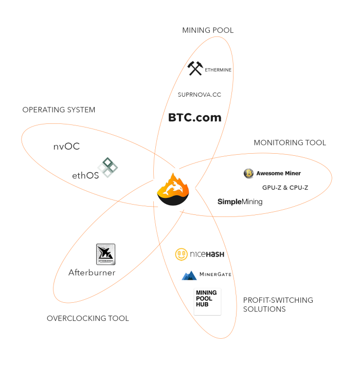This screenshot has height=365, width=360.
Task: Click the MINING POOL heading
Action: [208, 30]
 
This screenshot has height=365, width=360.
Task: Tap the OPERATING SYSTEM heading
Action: [59, 110]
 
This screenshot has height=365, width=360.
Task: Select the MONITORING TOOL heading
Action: [290, 143]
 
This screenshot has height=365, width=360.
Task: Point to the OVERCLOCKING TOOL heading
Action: [88, 318]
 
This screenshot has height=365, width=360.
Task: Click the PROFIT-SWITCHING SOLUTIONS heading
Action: [278, 305]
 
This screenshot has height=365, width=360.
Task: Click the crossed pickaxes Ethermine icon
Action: [195, 68]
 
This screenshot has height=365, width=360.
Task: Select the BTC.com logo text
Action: [195, 118]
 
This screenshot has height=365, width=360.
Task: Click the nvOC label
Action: [66, 147]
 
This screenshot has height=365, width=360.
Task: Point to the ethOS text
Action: [85, 176]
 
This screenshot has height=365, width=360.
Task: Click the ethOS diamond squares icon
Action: [108, 168]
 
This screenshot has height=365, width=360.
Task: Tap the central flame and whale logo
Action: [173, 189]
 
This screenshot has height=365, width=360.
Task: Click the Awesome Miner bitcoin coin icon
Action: [248, 174]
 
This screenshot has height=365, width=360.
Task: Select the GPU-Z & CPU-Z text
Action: [285, 188]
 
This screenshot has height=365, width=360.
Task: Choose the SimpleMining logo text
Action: [240, 202]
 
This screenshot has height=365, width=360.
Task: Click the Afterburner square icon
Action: [105, 254]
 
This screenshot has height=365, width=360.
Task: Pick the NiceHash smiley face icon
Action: [181, 254]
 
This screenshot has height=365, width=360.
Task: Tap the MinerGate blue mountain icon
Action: [189, 276]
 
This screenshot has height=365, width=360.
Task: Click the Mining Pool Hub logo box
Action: [207, 301]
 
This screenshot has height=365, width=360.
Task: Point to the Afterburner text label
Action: [92, 272]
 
